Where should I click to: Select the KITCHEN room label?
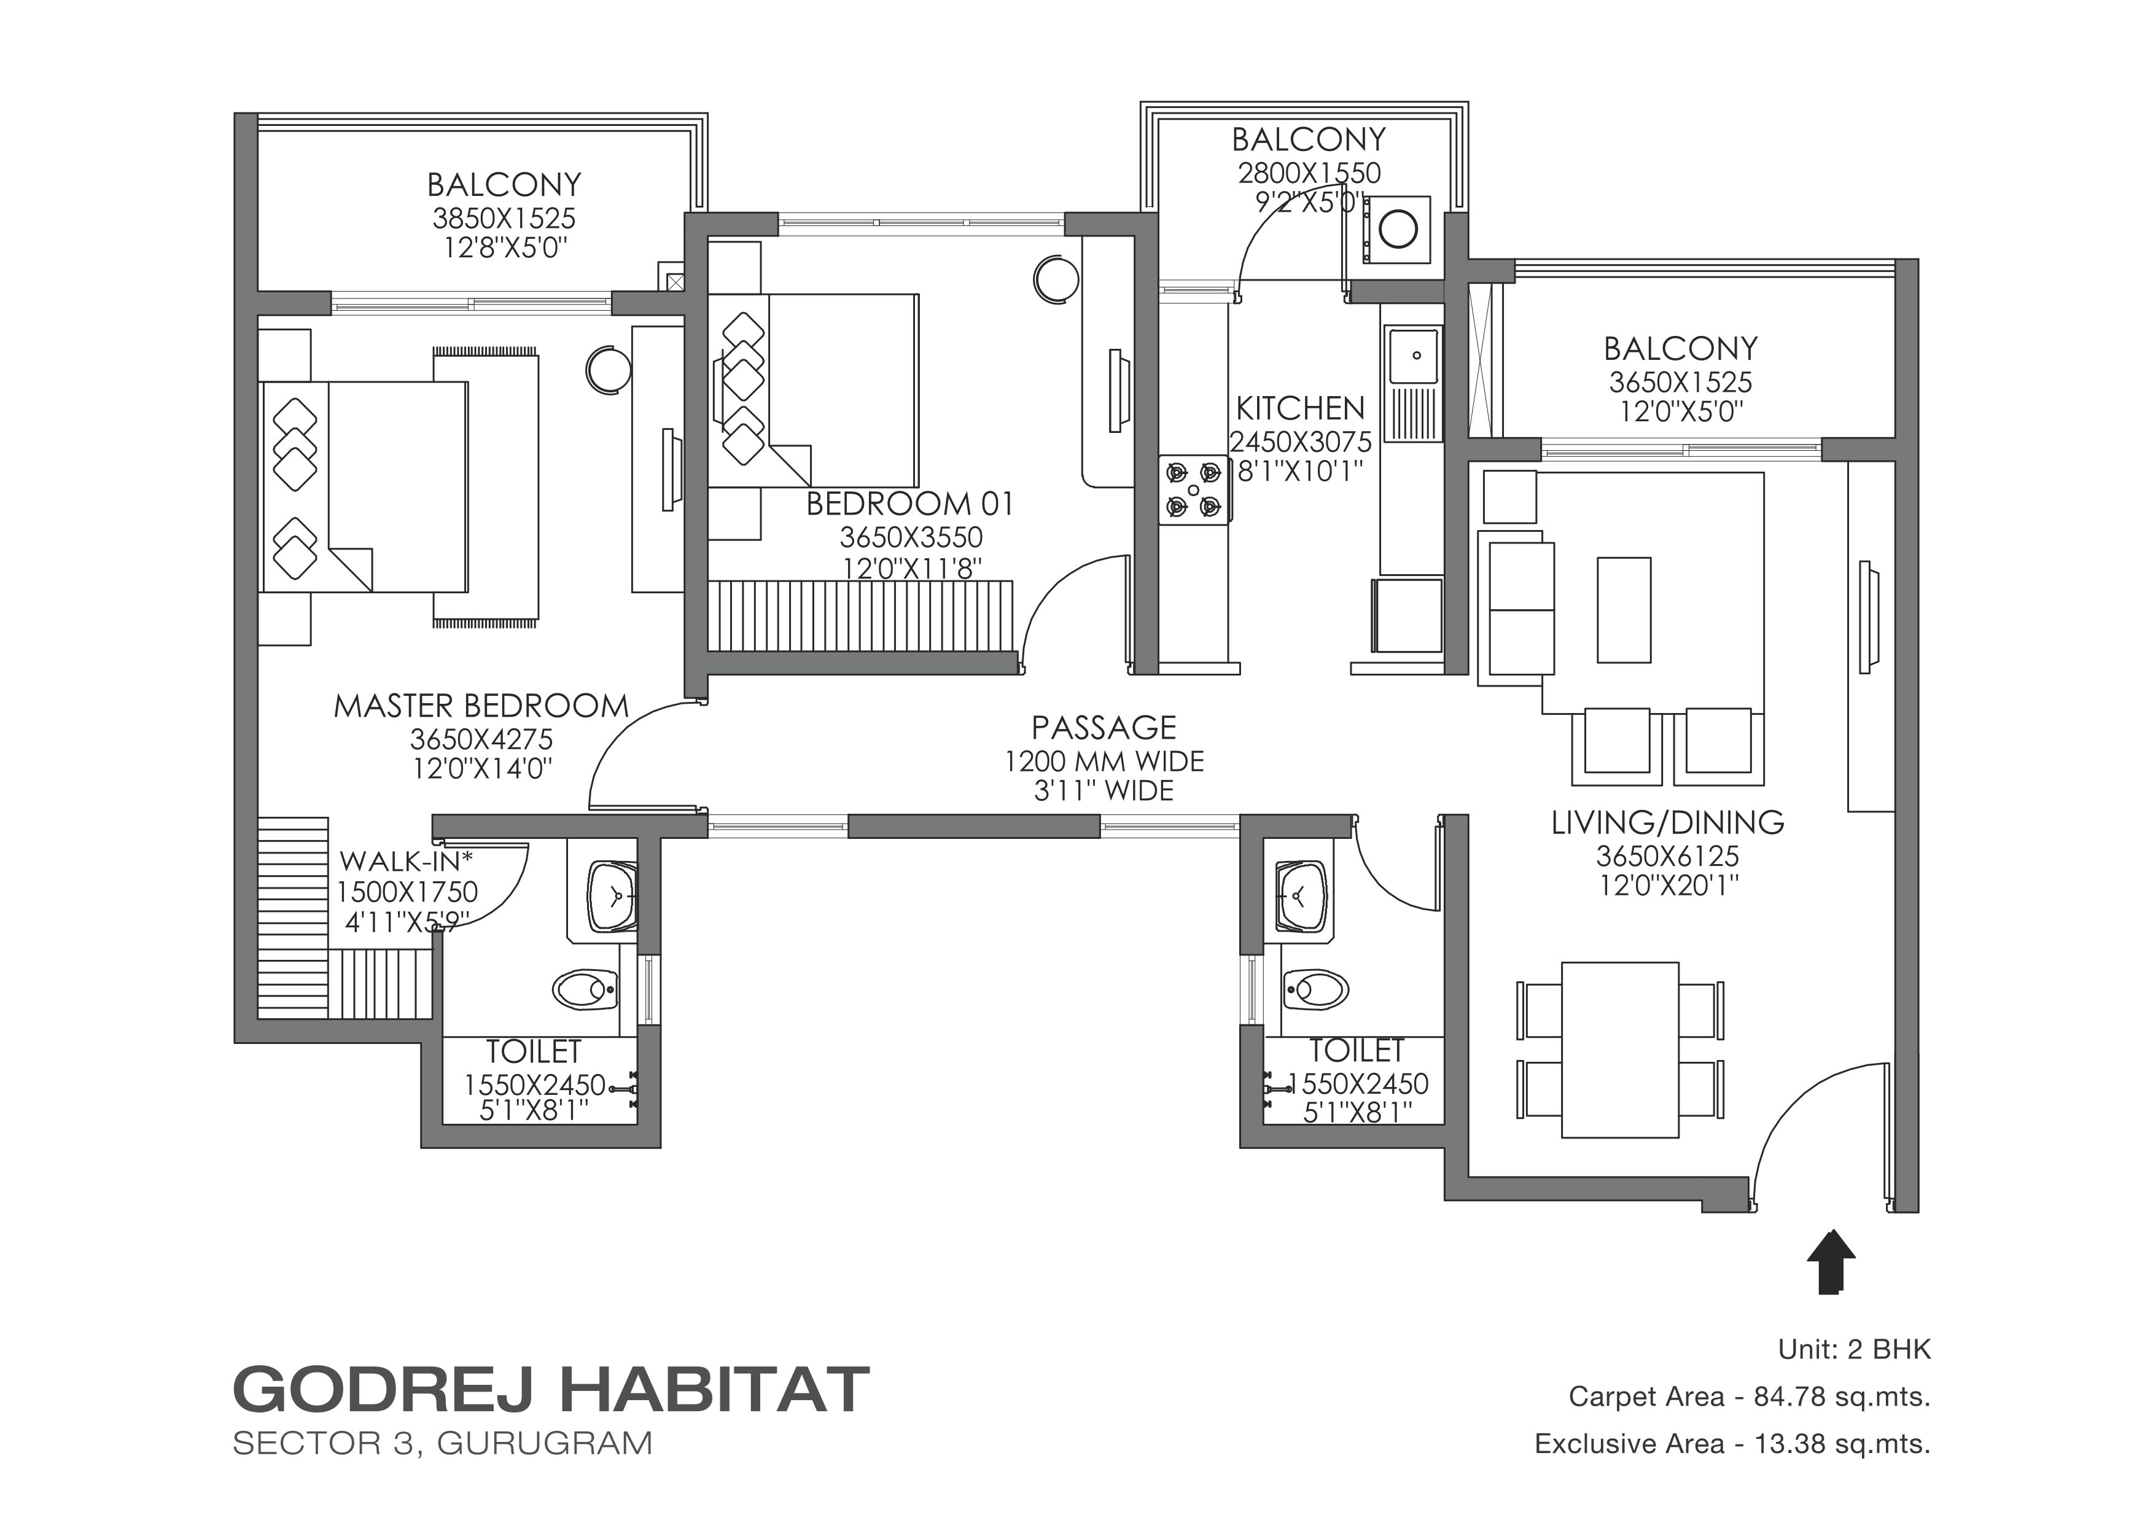(x=1299, y=409)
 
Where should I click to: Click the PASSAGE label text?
(x=1104, y=728)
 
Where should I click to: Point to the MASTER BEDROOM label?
(x=481, y=706)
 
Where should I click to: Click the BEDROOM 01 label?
(x=909, y=505)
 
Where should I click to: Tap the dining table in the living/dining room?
(x=1619, y=1050)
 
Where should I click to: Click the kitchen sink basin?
(x=1415, y=356)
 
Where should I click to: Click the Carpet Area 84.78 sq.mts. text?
(x=1749, y=1397)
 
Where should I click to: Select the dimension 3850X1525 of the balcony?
(x=504, y=219)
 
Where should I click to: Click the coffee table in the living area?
(x=1624, y=610)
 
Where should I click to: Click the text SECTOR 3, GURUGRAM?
(x=443, y=1443)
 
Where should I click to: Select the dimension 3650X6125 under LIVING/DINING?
(x=1667, y=856)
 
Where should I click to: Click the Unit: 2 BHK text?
(x=1855, y=1349)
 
